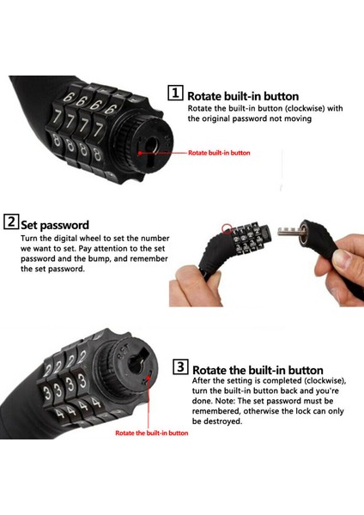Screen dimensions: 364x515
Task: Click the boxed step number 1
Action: pyautogui.click(x=175, y=93)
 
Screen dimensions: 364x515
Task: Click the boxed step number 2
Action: pyautogui.click(x=11, y=221)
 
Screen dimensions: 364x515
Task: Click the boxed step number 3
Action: pyautogui.click(x=180, y=367)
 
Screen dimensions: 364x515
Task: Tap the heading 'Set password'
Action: pyautogui.click(x=55, y=225)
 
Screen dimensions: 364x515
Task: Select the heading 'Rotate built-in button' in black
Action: pyautogui.click(x=243, y=96)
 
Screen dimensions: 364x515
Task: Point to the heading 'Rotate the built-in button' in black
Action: pyautogui.click(x=258, y=370)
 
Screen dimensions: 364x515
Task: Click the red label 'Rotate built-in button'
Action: pyautogui.click(x=219, y=153)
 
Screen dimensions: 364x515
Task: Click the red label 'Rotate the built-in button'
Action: pyautogui.click(x=152, y=433)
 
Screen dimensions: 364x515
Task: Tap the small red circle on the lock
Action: pyautogui.click(x=227, y=229)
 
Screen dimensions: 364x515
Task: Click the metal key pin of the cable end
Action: pyautogui.click(x=288, y=231)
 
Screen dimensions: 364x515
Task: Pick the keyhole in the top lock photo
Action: pyautogui.click(x=151, y=149)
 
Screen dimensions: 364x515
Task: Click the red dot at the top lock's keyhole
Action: pyautogui.click(x=140, y=153)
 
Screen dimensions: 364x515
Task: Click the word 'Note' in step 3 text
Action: pyautogui.click(x=224, y=401)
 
